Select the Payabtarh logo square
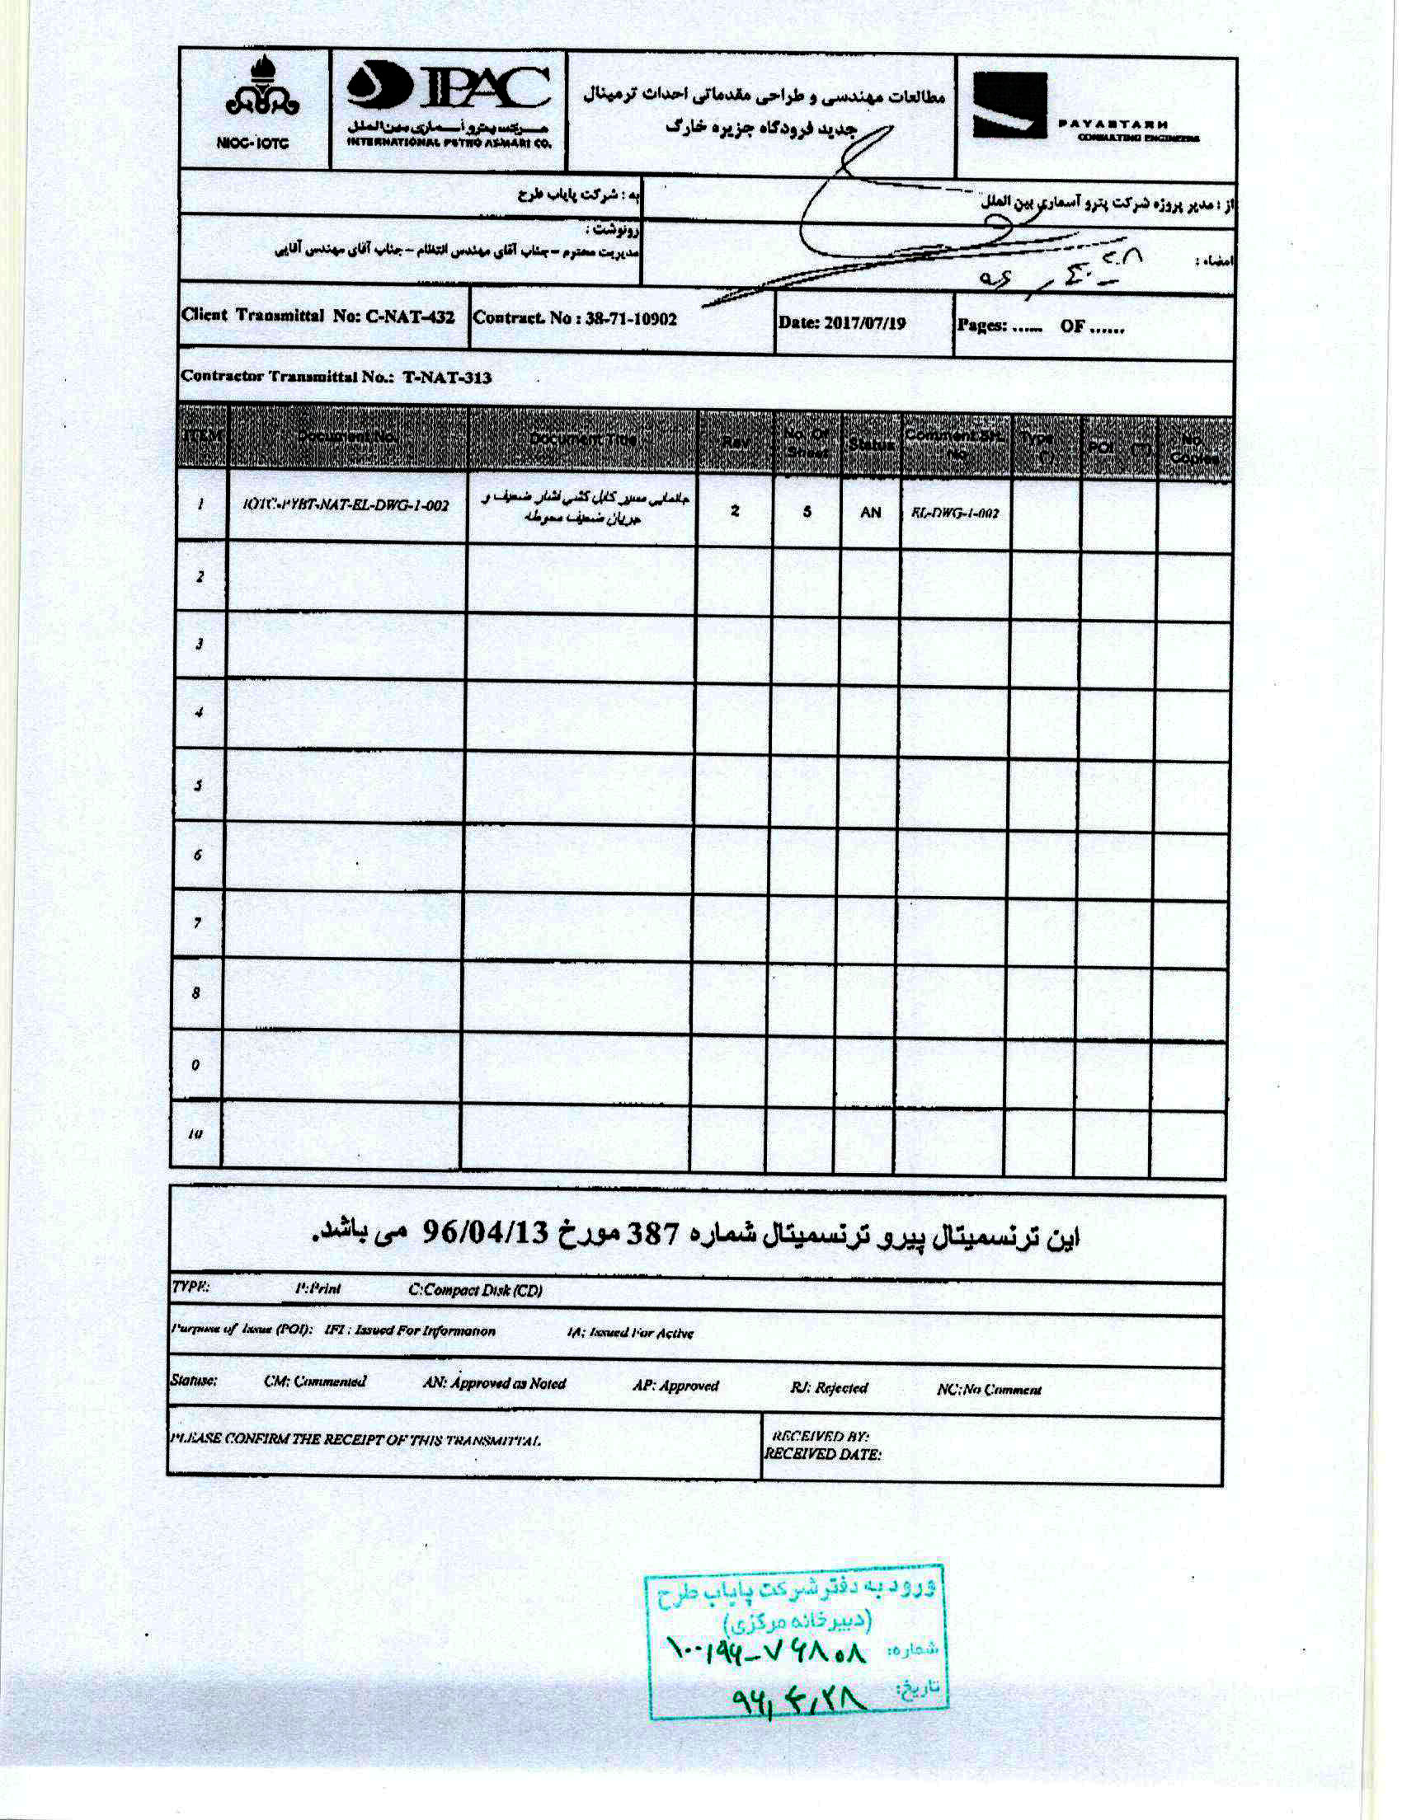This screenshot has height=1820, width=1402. click(x=1009, y=106)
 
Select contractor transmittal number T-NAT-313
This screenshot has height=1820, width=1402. click(x=447, y=378)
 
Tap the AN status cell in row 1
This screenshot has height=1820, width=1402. click(x=870, y=512)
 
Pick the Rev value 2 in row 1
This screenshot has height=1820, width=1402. click(x=734, y=511)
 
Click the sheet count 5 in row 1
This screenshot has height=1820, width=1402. click(x=807, y=511)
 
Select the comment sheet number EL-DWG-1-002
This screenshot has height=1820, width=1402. click(x=955, y=513)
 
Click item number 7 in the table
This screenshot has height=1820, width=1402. click(x=198, y=922)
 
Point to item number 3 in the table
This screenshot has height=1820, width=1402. click(x=200, y=643)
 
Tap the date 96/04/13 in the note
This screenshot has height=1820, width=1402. click(x=484, y=1231)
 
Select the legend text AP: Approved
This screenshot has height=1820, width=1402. click(x=675, y=1386)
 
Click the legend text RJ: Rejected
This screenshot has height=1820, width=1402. click(x=829, y=1387)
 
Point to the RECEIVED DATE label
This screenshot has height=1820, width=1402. click(x=822, y=1454)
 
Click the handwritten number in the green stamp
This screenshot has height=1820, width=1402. click(x=768, y=1651)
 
